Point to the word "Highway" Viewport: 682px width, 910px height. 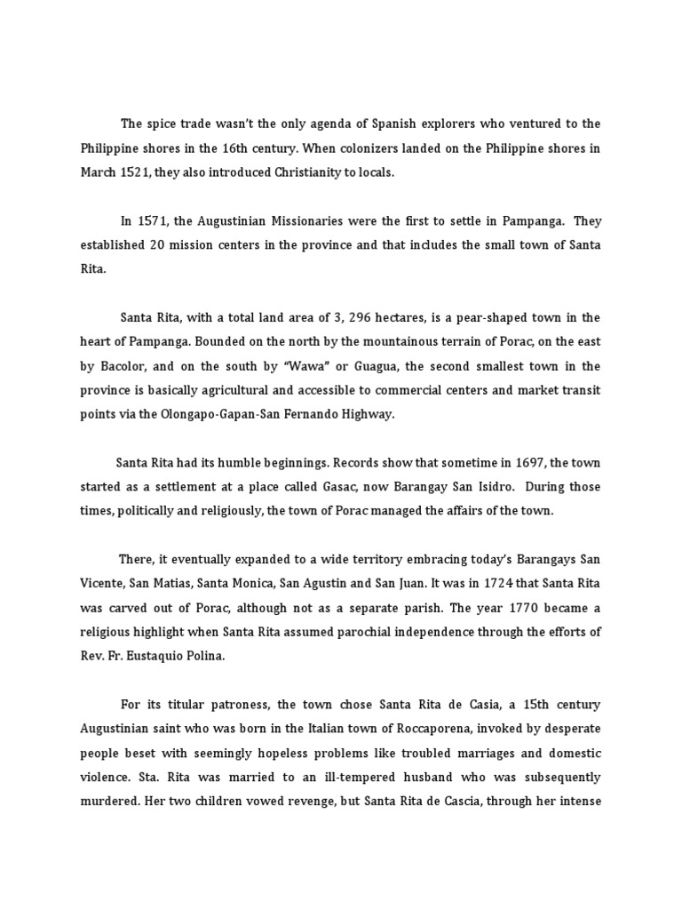(391, 413)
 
